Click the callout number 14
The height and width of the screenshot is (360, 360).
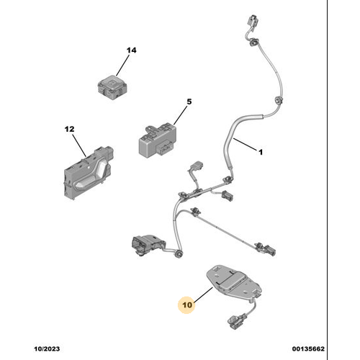pos(131,50)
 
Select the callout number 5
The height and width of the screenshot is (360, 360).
pos(189,102)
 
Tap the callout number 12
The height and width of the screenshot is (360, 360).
pos(70,129)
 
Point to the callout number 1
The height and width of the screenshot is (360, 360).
pos(261,152)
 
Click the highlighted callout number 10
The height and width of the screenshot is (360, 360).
pos(187,305)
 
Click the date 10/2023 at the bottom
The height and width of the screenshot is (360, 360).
pos(47,348)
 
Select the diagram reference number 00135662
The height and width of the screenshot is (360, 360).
pos(308,348)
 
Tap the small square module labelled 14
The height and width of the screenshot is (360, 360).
pos(112,87)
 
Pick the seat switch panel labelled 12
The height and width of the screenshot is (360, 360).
pos(88,172)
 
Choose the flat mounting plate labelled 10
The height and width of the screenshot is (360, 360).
pos(233,282)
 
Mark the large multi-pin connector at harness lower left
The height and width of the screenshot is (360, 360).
pos(145,245)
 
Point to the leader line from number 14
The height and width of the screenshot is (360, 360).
pos(123,66)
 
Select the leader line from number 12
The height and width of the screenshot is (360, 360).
pos(79,146)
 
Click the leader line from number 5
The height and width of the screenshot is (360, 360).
pos(180,115)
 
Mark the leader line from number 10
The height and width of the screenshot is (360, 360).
pos(203,294)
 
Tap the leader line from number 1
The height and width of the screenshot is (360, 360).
pos(245,144)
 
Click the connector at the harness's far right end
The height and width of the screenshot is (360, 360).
pos(269,251)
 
